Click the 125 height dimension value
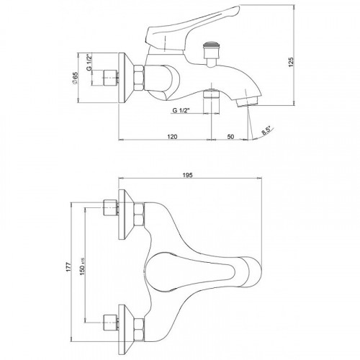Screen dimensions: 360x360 click(291, 62)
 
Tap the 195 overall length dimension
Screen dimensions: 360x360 click(187, 175)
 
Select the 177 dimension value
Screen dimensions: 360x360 click(69, 266)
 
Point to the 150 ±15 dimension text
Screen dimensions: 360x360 click(83, 266)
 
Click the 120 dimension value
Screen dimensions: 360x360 click(172, 137)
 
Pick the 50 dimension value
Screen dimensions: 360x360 click(230, 137)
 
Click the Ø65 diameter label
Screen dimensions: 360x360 click(75, 78)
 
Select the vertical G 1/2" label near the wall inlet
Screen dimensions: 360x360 click(89, 63)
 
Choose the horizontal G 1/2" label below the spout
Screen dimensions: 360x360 click(181, 110)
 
